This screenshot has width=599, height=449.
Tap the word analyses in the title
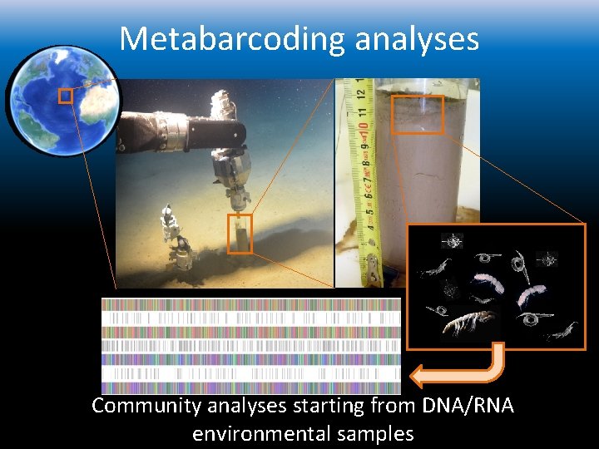click(417, 38)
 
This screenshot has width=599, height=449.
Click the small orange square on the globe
click(66, 96)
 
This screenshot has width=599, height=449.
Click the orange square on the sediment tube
click(417, 114)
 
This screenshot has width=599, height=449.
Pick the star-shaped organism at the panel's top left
click(453, 242)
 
